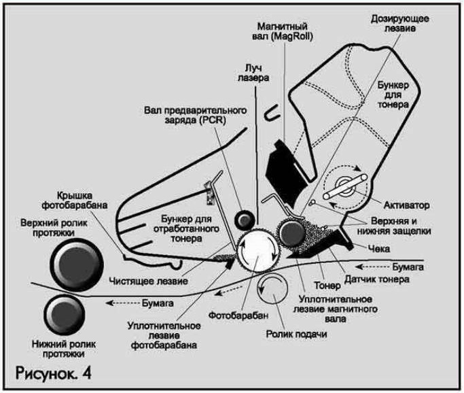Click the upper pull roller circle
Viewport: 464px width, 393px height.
pyautogui.click(x=77, y=264)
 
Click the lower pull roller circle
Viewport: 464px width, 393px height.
pyautogui.click(x=65, y=315)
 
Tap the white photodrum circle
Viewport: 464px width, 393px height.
pyautogui.click(x=258, y=250)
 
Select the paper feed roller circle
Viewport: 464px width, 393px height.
pyautogui.click(x=272, y=288)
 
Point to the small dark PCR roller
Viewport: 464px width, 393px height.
pyautogui.click(x=245, y=220)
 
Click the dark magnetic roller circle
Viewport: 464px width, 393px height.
pyautogui.click(x=292, y=233)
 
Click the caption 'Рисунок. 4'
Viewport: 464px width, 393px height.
pyautogui.click(x=53, y=373)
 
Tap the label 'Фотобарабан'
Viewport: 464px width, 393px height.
pyautogui.click(x=238, y=315)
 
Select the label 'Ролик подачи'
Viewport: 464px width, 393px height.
pyautogui.click(x=296, y=334)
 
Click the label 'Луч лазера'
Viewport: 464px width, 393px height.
pyautogui.click(x=253, y=73)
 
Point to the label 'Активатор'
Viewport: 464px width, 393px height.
pyautogui.click(x=406, y=205)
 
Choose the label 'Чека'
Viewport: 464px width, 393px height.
pyautogui.click(x=379, y=248)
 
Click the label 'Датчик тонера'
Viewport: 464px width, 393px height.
pyautogui.click(x=377, y=279)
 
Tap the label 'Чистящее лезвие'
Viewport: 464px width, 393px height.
pyautogui.click(x=148, y=280)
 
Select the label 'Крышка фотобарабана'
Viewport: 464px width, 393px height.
pyautogui.click(x=75, y=201)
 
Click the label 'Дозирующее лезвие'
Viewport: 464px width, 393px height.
pyautogui.click(x=400, y=23)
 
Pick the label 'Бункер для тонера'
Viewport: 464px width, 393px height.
pyautogui.click(x=393, y=95)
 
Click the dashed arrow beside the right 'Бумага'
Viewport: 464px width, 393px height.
pyautogui.click(x=372, y=267)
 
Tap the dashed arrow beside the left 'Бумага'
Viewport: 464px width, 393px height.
pyautogui.click(x=122, y=303)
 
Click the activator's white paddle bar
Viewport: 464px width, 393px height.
pyautogui.click(x=345, y=186)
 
